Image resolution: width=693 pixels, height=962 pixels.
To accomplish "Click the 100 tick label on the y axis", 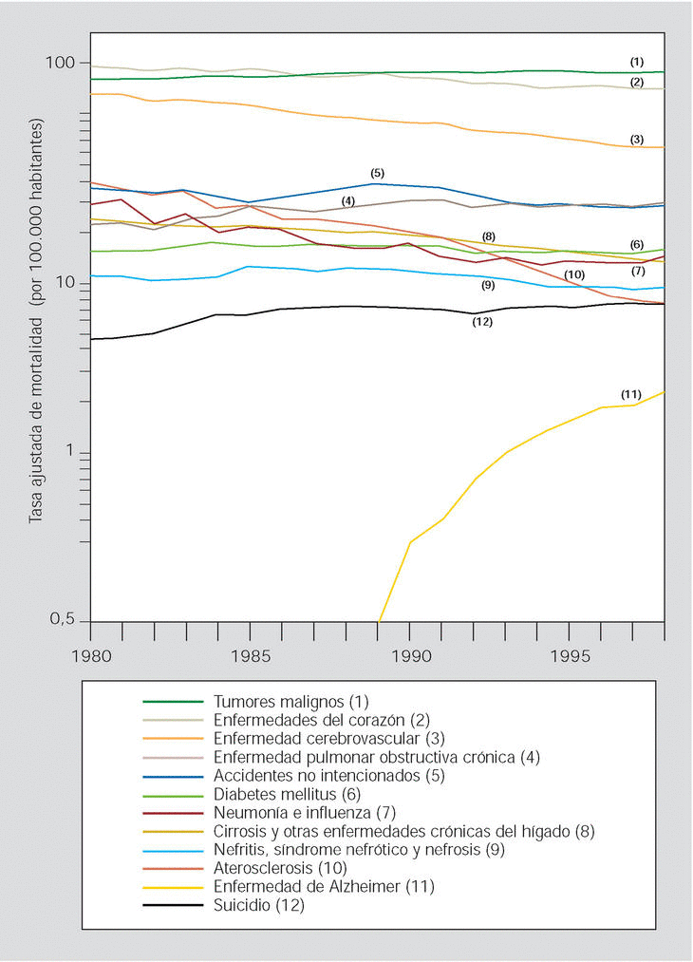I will pos(60,63).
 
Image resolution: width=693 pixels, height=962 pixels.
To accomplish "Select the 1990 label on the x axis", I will pos(409,655).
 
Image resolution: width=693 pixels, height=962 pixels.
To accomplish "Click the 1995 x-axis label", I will pos(569,655).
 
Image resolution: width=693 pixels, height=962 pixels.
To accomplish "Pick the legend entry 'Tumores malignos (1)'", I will pos(290,702).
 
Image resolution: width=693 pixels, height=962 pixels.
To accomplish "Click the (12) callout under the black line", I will pos(482,323).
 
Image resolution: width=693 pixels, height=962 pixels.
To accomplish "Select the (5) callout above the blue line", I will pos(377,173).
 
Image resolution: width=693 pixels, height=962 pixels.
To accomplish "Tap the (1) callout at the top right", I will pos(637,62).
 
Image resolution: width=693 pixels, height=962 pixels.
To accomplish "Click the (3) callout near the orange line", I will pos(637,140).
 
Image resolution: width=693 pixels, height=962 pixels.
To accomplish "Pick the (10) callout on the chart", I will pos(573,274).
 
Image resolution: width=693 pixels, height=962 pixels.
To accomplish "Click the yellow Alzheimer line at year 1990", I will pos(410,542).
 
